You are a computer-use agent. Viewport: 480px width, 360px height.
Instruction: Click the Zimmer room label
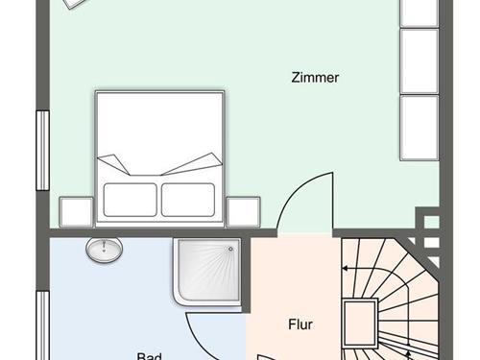click(315, 78)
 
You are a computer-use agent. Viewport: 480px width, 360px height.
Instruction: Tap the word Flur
click(300, 324)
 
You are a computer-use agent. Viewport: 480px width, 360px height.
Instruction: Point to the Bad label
click(149, 356)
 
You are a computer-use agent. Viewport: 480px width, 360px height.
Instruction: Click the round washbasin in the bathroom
click(104, 249)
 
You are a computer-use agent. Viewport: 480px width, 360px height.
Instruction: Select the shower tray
click(208, 271)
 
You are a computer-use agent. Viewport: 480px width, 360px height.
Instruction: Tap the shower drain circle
click(230, 249)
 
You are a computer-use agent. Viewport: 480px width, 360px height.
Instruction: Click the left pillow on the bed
click(131, 200)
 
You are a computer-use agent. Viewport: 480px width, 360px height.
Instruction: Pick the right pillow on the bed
click(188, 200)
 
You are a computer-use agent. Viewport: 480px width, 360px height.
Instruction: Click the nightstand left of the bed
click(76, 212)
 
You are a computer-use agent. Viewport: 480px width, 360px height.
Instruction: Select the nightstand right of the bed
click(243, 212)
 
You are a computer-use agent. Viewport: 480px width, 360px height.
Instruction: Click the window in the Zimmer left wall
click(42, 151)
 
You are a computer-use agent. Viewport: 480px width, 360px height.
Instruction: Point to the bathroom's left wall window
click(42, 325)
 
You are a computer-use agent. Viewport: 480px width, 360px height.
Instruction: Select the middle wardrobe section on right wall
click(419, 61)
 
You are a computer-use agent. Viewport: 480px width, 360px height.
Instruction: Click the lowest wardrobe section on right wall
click(419, 128)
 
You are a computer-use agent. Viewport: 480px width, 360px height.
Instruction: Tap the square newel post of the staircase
click(360, 323)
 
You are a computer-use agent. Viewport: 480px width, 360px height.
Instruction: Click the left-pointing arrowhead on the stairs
click(346, 268)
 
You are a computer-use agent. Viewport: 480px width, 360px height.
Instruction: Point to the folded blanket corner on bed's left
click(112, 163)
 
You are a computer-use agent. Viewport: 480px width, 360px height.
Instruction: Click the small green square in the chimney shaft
click(432, 222)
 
